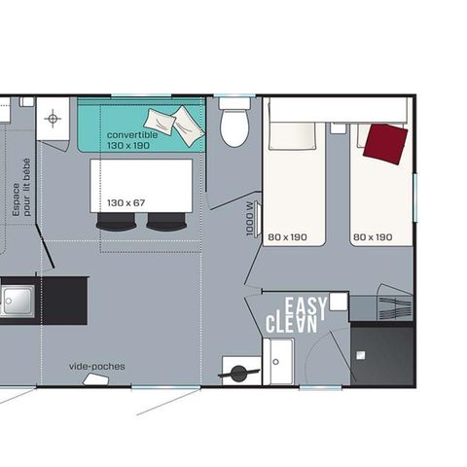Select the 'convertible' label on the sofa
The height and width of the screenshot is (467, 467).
click(x=132, y=134)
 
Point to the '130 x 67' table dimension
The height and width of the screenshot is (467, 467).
click(x=126, y=202)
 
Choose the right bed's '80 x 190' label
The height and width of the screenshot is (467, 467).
click(x=372, y=236)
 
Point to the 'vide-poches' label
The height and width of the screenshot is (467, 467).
click(x=96, y=367)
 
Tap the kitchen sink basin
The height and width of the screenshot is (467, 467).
click(x=16, y=301)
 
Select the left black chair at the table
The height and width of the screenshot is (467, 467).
click(x=116, y=222)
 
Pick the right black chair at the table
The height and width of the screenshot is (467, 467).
click(x=165, y=222)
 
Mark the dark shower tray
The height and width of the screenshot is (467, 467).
click(x=382, y=354)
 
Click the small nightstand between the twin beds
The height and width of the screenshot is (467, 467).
click(x=338, y=127)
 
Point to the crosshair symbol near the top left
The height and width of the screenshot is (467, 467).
click(x=53, y=119)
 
